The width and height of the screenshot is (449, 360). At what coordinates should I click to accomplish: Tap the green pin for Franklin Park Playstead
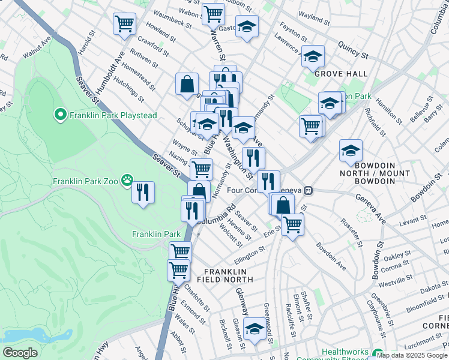click(60, 115)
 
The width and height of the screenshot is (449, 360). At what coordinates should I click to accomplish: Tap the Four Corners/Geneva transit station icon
click(308, 190)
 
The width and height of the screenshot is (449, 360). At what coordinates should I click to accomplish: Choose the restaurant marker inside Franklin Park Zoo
click(143, 193)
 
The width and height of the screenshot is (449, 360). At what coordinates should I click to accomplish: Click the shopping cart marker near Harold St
click(124, 24)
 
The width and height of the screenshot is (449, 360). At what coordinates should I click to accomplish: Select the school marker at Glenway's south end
click(255, 329)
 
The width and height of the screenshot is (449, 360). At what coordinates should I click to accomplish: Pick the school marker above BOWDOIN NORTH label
click(351, 151)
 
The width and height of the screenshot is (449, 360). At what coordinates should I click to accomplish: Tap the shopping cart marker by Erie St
click(292, 224)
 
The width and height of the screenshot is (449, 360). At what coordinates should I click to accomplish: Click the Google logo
click(20, 353)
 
